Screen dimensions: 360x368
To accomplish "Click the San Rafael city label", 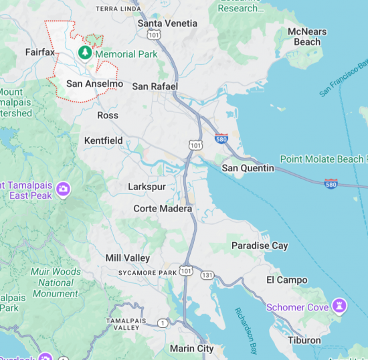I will pos(155,86).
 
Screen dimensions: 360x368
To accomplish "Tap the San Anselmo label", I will pos(94,84).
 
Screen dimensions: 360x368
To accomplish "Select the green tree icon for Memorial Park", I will pos(85,52).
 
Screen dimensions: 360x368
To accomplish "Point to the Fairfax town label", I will pos(39,52).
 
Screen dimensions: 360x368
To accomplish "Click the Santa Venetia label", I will pos(167,23).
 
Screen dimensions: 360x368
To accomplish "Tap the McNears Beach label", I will pos(308,37).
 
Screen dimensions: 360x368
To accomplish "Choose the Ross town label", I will pos(108,115).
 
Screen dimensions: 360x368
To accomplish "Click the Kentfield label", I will pos(104,141).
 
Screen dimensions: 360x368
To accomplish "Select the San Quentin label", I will pos(248,168).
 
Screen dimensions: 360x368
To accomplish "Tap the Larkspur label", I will pos(148,186).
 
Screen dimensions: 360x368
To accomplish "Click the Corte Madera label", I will pos(163,209).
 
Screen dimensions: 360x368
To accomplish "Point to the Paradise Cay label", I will pos(260,246).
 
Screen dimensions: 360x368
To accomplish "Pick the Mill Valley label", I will pos(128,258).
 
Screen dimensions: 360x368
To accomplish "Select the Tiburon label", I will pos(304,340).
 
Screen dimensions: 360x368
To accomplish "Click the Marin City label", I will pos(191,348).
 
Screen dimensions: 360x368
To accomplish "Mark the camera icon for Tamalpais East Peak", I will pos(64,189).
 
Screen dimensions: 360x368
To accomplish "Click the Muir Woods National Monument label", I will pos(55,282).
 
